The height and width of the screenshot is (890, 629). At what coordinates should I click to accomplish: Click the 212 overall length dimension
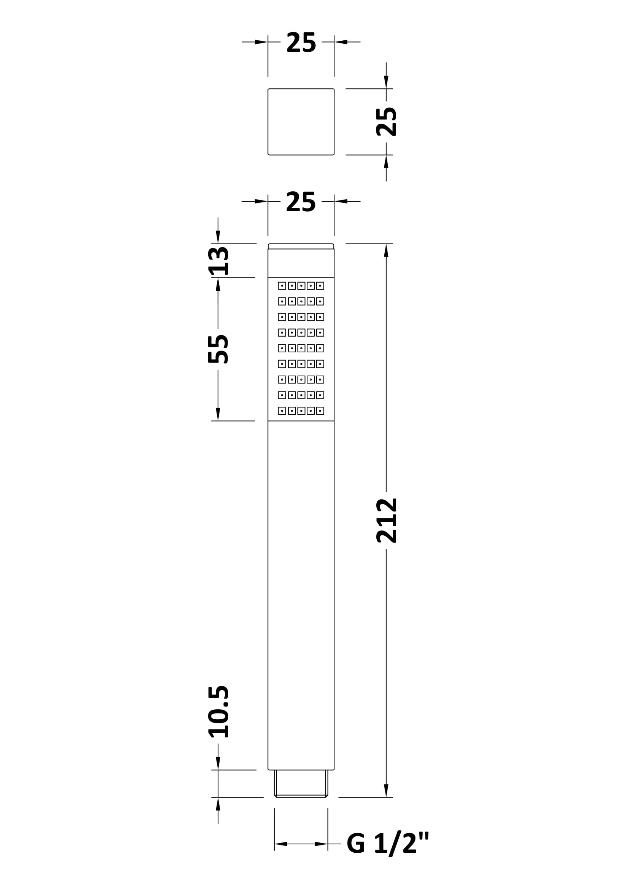pyautogui.click(x=386, y=521)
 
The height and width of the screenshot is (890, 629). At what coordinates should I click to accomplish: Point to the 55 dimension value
pyautogui.click(x=218, y=349)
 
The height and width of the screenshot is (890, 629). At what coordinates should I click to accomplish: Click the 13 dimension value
pyautogui.click(x=218, y=261)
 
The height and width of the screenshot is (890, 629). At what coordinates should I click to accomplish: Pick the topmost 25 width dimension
pyautogui.click(x=301, y=42)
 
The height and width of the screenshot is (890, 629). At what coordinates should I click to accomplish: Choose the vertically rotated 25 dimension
pyautogui.click(x=386, y=122)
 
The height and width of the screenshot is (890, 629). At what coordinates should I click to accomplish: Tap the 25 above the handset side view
pyautogui.click(x=301, y=202)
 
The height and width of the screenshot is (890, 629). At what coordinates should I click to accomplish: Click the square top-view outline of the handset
pyautogui.click(x=301, y=122)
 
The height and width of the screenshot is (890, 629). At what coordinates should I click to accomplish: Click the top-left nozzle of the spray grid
pyautogui.click(x=282, y=286)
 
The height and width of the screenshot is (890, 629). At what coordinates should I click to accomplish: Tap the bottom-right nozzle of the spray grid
pyautogui.click(x=320, y=411)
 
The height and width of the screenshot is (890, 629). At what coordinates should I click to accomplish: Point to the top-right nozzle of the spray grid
pyautogui.click(x=320, y=286)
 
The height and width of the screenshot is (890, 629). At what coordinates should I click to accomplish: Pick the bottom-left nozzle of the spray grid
pyautogui.click(x=282, y=411)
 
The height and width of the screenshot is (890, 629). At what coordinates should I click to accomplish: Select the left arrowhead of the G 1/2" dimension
pyautogui.click(x=281, y=844)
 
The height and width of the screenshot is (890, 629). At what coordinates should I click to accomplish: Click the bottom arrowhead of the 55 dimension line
pyautogui.click(x=218, y=414)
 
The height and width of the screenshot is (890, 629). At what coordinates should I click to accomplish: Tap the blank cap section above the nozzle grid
pyautogui.click(x=301, y=263)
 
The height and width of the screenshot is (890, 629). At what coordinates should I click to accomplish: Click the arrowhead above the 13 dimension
pyautogui.click(x=218, y=237)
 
